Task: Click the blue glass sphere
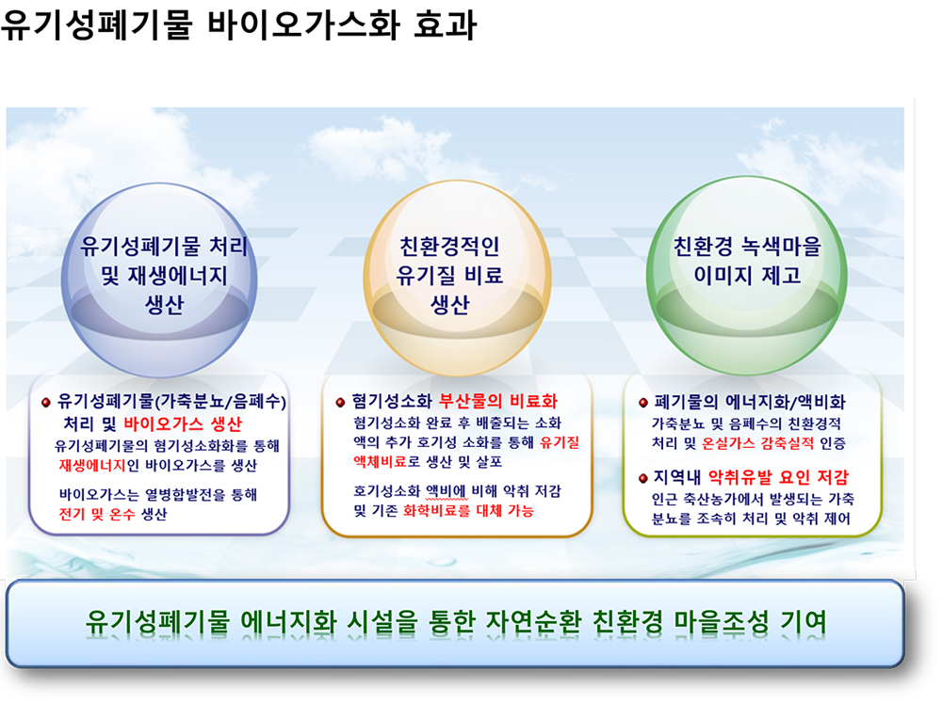(x=160, y=280)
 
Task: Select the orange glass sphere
(x=458, y=279)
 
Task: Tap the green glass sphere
(x=747, y=276)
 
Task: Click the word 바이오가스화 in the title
(x=304, y=24)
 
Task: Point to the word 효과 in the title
(x=446, y=24)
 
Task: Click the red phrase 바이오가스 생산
(x=183, y=424)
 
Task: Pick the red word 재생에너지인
(x=99, y=465)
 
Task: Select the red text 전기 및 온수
(x=97, y=514)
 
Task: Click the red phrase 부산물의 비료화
(x=498, y=401)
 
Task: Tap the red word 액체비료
(x=381, y=461)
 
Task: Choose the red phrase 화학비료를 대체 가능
(x=468, y=511)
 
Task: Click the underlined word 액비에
(x=447, y=491)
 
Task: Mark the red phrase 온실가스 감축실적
(x=757, y=443)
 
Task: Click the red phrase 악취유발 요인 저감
(x=779, y=477)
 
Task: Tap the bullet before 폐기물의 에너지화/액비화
(x=642, y=402)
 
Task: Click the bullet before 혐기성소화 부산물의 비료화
(x=340, y=402)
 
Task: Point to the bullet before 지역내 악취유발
(x=642, y=478)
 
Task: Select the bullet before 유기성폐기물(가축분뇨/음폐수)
(x=45, y=402)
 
